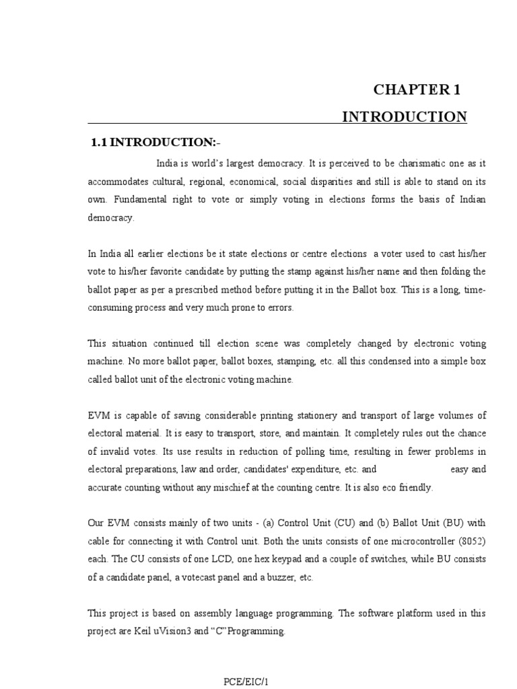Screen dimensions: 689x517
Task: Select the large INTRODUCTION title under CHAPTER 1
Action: [404, 117]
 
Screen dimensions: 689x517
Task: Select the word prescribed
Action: [222, 290]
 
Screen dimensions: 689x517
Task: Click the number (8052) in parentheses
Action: [469, 542]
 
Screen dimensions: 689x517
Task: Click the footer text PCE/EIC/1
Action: [246, 682]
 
